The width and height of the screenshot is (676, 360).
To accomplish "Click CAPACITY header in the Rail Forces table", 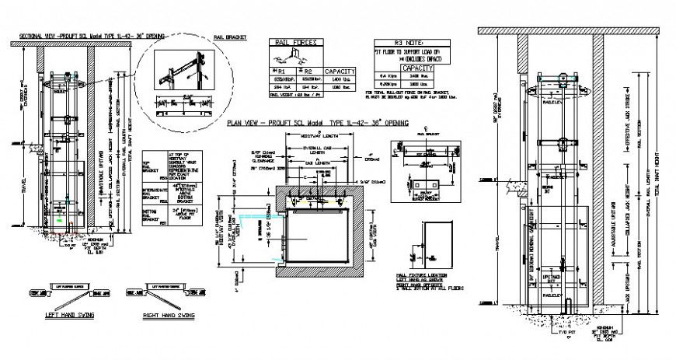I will pyautogui.click(x=340, y=69).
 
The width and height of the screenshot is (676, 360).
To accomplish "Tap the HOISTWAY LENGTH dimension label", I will pyautogui.click(x=310, y=138).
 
